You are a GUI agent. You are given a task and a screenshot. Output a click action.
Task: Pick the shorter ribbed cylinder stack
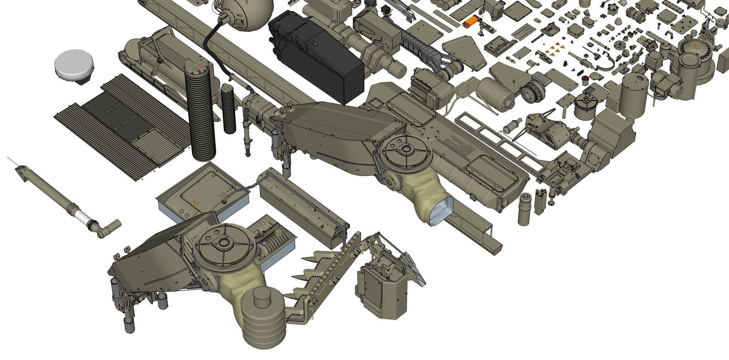(229, 109)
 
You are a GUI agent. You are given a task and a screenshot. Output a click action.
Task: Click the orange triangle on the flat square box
(196, 203)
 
